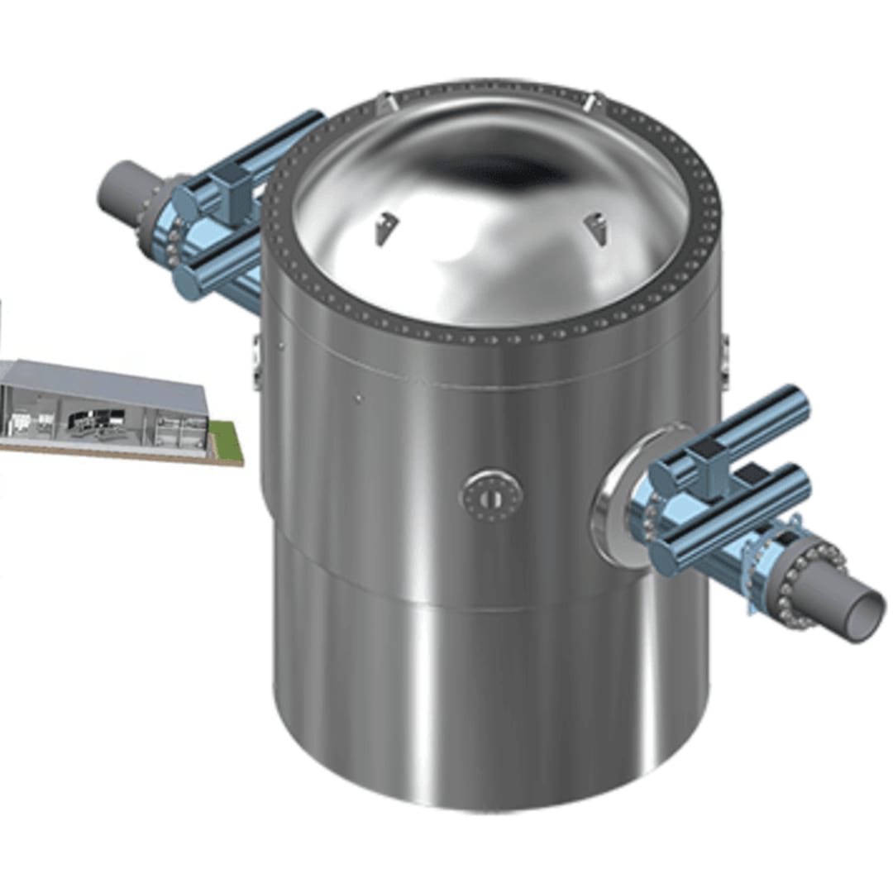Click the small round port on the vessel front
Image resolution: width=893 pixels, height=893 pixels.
click(x=491, y=497)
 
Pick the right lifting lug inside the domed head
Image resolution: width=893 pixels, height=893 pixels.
click(x=594, y=227)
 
